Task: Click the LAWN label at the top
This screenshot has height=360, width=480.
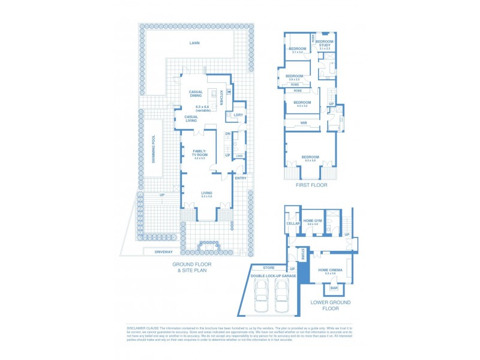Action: pyautogui.click(x=194, y=43)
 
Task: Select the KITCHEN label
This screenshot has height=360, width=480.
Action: pyautogui.click(x=221, y=97)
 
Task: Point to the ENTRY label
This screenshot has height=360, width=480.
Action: pyautogui.click(x=241, y=178)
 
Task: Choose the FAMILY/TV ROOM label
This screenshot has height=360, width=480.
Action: pyautogui.click(x=200, y=153)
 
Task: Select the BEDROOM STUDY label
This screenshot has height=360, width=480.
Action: pyautogui.click(x=325, y=43)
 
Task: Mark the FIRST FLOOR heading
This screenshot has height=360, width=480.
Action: pyautogui.click(x=310, y=186)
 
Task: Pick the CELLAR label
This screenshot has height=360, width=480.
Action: pyautogui.click(x=293, y=223)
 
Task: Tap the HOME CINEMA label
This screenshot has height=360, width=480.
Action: pyautogui.click(x=331, y=271)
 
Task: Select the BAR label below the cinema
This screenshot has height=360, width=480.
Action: pyautogui.click(x=334, y=289)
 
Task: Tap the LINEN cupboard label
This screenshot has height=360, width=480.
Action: pyautogui.click(x=239, y=156)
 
